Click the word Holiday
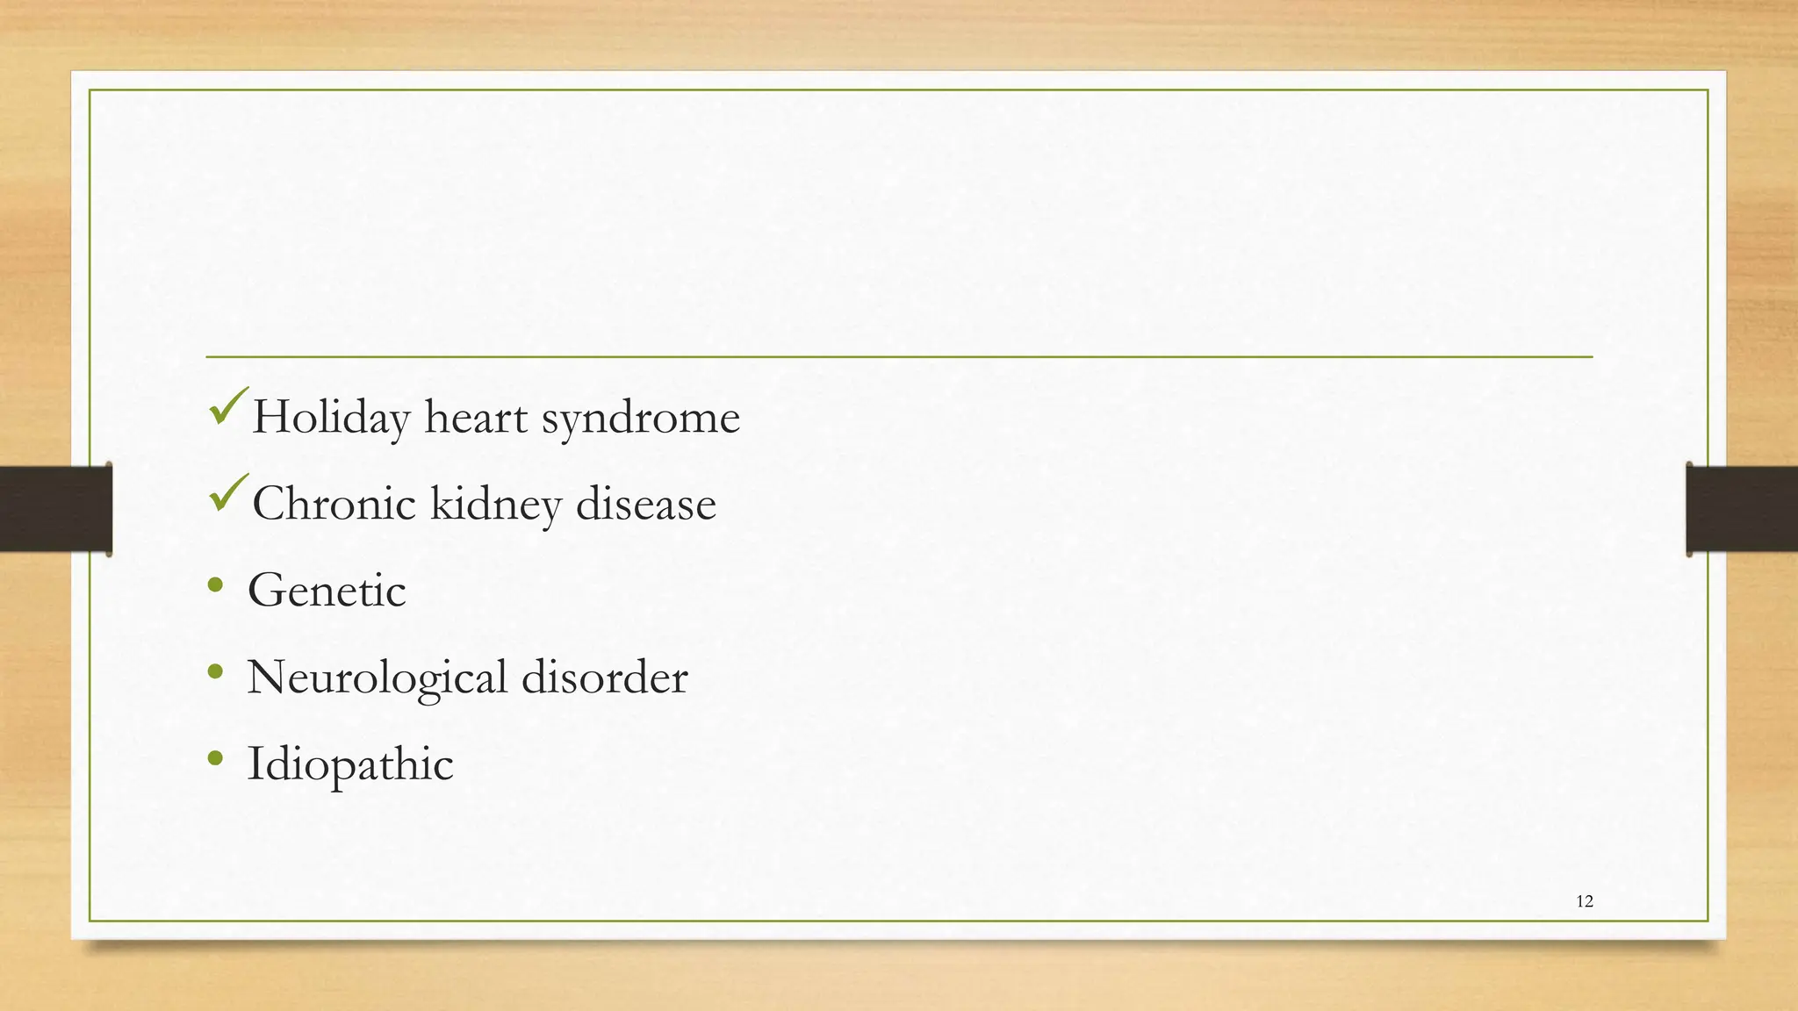tap(331, 418)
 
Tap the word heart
tap(476, 418)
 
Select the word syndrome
tap(640, 418)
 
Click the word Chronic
tap(334, 504)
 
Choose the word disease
tap(645, 504)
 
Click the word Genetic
tap(327, 590)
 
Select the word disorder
tap(604, 677)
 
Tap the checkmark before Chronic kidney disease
tap(228, 493)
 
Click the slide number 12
tap(1585, 901)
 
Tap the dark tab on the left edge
tap(55, 509)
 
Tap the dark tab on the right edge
tap(1741, 509)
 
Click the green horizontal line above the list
tap(899, 357)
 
